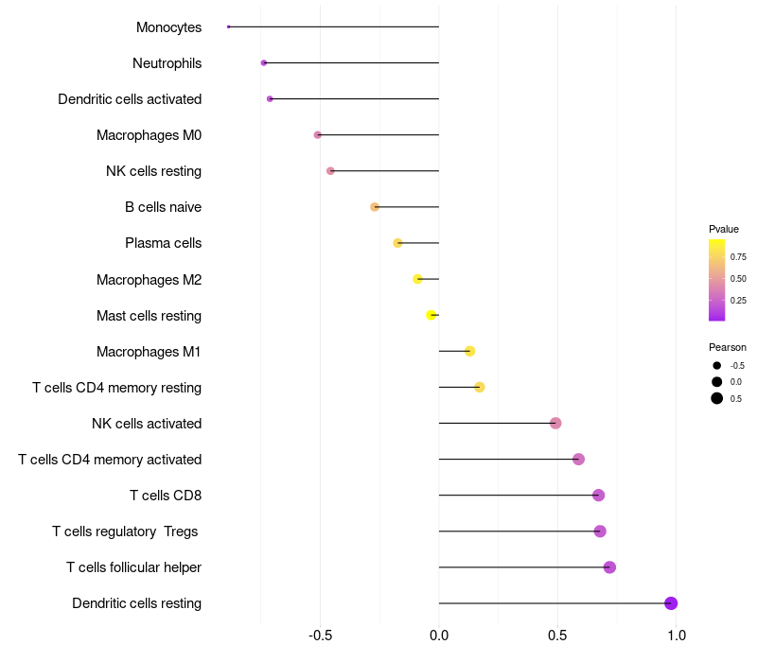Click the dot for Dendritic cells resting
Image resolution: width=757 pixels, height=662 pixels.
point(671,603)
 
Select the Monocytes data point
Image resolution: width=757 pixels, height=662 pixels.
point(229,26)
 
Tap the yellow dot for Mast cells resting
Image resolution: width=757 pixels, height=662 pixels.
point(431,315)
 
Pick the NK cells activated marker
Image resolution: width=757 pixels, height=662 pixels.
point(555,423)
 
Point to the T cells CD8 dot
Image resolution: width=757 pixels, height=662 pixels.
point(598,496)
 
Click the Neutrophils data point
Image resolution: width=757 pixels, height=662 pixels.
point(264,62)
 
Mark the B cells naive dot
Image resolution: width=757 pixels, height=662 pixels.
point(375,207)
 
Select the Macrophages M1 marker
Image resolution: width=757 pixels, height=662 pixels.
point(469,351)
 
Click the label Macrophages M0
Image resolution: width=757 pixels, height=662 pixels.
point(149,135)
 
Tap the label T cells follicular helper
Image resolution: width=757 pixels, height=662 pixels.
point(133,567)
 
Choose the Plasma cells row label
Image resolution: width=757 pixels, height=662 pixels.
point(163,243)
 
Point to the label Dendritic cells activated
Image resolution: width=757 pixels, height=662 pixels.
point(130,99)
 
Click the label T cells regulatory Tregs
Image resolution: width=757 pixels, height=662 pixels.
point(125,531)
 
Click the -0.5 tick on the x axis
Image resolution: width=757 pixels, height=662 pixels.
point(320,635)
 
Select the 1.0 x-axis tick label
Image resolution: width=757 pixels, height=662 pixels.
point(676,635)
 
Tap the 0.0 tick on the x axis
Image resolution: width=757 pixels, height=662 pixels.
point(439,635)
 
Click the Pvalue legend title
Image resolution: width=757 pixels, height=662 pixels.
point(724,229)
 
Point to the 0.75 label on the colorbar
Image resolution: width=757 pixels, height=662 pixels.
point(738,256)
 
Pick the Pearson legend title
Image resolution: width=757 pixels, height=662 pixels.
point(728,347)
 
